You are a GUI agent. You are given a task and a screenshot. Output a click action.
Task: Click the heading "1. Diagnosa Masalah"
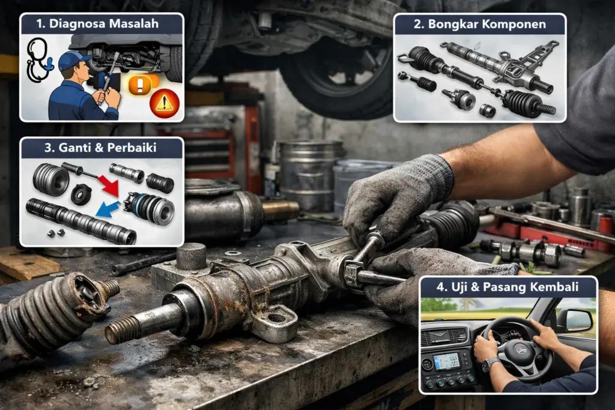tap(102, 24)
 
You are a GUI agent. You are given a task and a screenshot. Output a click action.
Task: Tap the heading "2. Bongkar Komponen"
tap(479, 24)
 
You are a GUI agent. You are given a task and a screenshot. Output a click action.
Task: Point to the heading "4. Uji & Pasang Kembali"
tap(508, 287)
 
